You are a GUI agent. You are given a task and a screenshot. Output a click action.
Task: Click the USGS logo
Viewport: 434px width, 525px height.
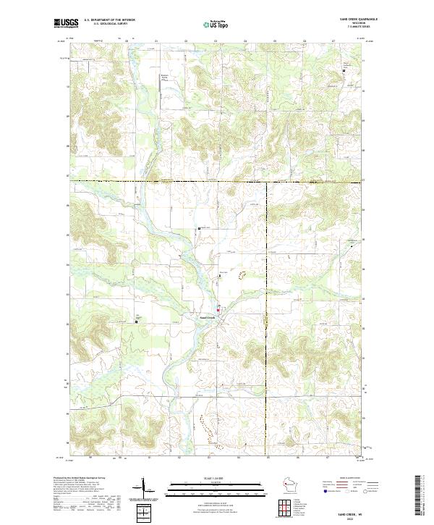click(66, 23)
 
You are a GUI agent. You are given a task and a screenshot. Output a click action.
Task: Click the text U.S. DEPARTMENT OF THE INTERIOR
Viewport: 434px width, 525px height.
click(109, 20)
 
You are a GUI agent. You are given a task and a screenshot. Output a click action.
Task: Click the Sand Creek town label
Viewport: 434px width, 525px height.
click(207, 316)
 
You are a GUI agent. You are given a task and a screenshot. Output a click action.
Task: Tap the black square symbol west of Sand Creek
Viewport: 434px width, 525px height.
click(139, 322)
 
